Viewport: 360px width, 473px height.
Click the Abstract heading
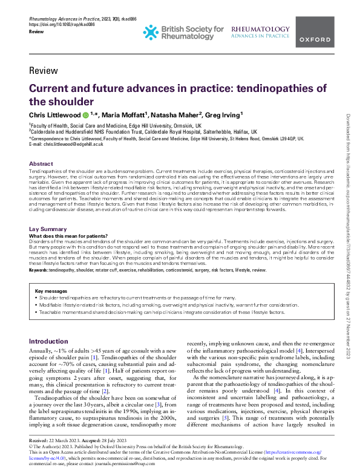point(41,164)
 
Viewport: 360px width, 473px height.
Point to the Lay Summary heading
point(48,229)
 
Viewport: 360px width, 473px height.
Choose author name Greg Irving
point(240,114)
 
